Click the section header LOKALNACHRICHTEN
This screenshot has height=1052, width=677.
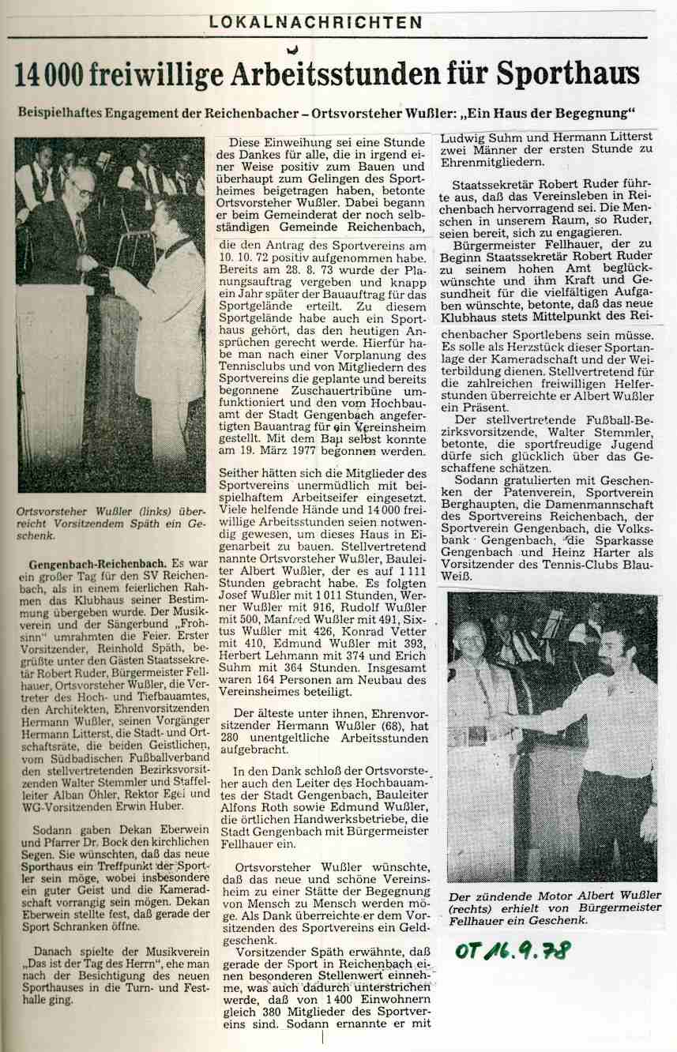pos(315,23)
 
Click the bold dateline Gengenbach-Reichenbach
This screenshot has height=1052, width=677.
pos(97,565)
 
